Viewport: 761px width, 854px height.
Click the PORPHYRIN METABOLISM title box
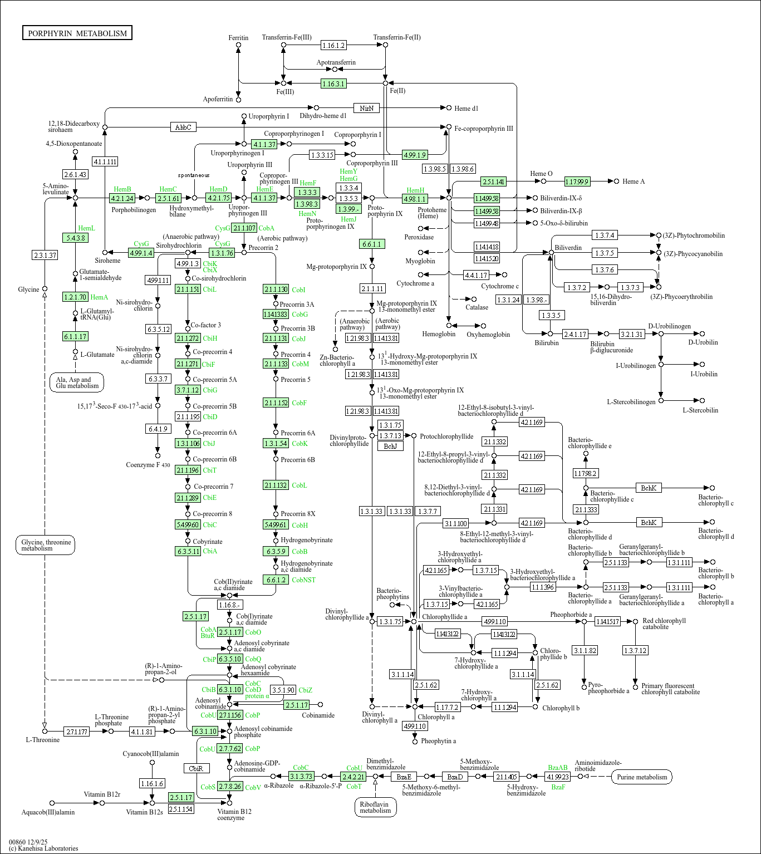coord(77,33)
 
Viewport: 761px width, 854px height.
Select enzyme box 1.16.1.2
coord(333,45)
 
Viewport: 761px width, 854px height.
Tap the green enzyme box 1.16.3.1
coord(333,84)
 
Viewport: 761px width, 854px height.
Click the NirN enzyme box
coord(366,108)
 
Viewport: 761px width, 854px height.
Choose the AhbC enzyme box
coord(183,127)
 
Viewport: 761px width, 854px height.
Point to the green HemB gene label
coord(122,189)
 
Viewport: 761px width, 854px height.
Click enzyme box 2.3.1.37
coord(45,255)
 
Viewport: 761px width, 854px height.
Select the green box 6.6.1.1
coord(372,244)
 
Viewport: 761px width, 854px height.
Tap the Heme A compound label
coord(634,181)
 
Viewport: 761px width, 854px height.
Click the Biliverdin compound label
coord(568,248)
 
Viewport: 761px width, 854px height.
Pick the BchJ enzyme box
coord(390,446)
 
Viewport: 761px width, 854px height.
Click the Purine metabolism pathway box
coord(641,777)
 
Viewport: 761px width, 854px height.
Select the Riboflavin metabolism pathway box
coord(375,807)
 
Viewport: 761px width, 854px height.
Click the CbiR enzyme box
coord(197,768)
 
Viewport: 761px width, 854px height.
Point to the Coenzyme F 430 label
coord(148,465)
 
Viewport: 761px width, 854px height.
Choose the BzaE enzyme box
coord(404,777)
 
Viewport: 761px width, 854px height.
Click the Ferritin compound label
coord(238,38)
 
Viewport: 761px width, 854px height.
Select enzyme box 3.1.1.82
coord(585,650)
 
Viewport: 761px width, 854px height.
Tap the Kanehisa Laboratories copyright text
coord(44,848)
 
